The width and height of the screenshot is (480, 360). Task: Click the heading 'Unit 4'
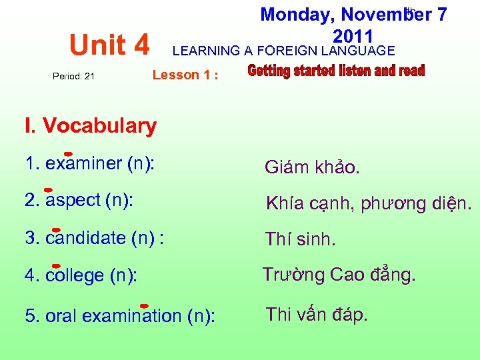pos(110,45)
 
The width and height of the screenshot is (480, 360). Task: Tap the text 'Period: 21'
pos(73,76)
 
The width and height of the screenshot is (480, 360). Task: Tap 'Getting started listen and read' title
pos(336,71)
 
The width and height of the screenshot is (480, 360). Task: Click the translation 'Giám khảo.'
pos(312,167)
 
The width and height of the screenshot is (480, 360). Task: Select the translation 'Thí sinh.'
pos(300,239)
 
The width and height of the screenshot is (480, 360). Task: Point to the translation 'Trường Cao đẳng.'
pos(339,275)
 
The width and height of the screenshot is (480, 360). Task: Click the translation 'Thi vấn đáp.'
pos(317,314)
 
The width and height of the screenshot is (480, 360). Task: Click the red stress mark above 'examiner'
pos(68,153)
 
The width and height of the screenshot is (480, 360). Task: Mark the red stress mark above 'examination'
pos(143,305)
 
